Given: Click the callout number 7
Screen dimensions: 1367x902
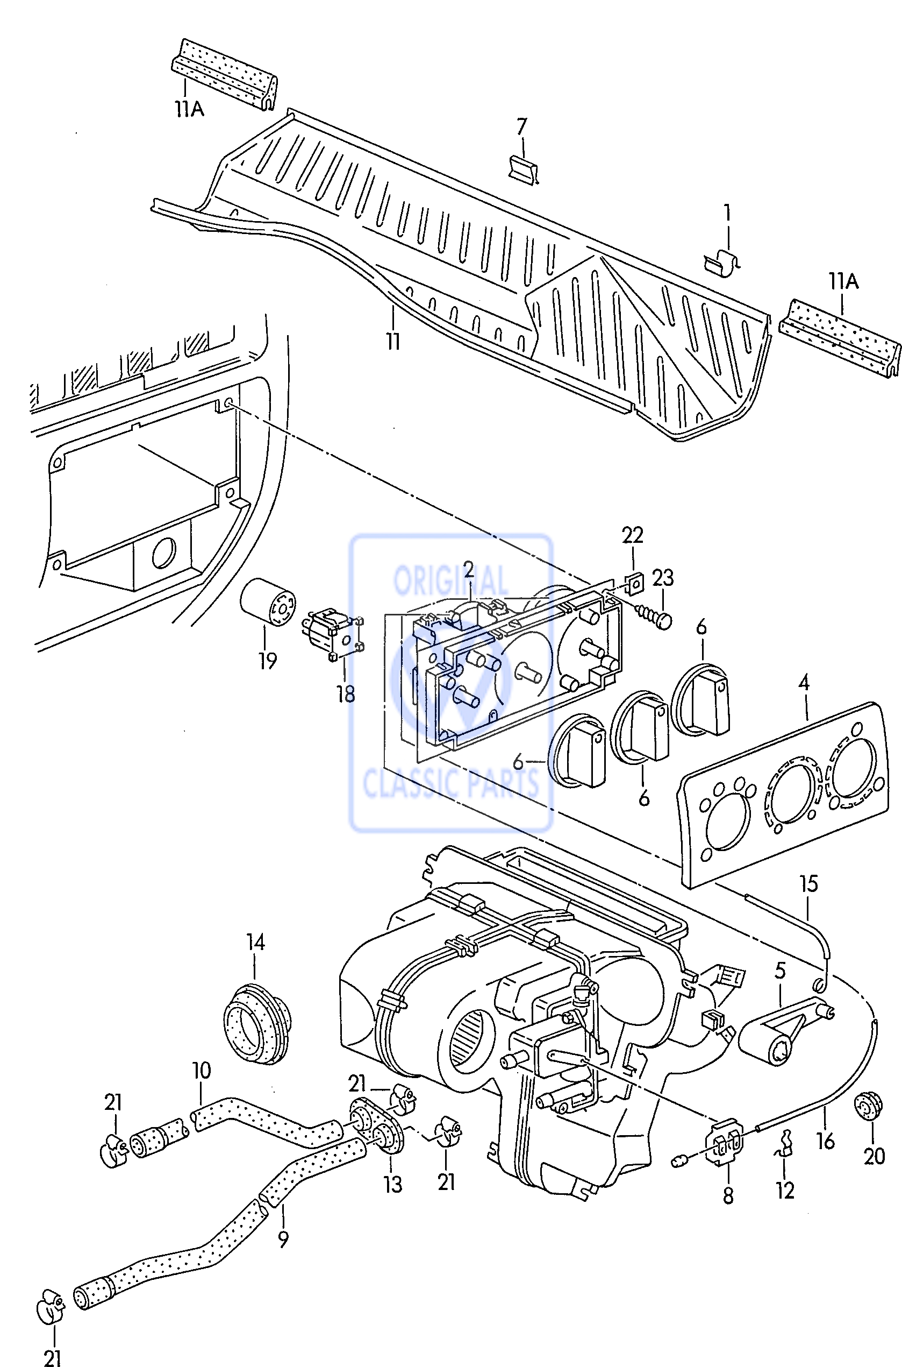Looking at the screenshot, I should (x=522, y=126).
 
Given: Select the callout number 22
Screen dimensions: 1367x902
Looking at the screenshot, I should (x=632, y=535).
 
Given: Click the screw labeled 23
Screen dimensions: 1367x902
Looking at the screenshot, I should (x=655, y=618).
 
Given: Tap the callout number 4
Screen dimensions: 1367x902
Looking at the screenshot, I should (x=804, y=683).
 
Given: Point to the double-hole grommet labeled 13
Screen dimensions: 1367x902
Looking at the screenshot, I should (x=375, y=1123).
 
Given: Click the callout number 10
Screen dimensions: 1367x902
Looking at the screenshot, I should (x=202, y=1071).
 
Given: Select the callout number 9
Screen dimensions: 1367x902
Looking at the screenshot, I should (x=283, y=1238).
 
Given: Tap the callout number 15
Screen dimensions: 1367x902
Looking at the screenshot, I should (x=809, y=883).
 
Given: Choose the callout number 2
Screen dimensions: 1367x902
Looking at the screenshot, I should (x=469, y=570).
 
